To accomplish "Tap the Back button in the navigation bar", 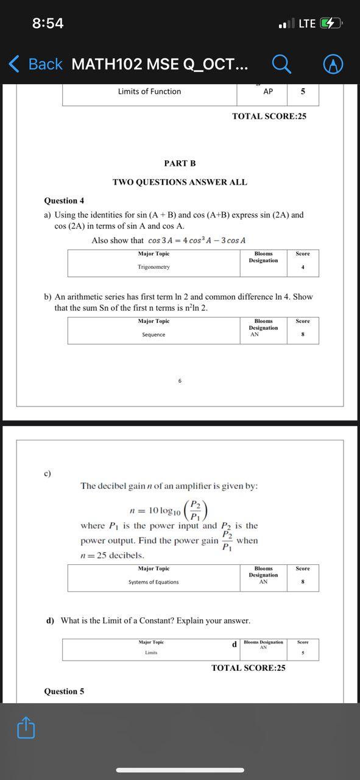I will [x=35, y=64].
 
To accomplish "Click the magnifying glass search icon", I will [x=280, y=63].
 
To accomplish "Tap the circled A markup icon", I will [x=333, y=64].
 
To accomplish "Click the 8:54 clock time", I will [x=48, y=23].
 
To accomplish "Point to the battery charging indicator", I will [x=329, y=23].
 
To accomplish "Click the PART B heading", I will [x=180, y=163].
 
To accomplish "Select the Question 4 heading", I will [x=64, y=200].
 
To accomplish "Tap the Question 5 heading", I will [x=64, y=691].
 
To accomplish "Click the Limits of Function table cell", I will [x=149, y=91].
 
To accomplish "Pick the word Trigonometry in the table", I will [x=154, y=267].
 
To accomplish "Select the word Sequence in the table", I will [x=154, y=335].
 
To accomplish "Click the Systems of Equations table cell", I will [x=154, y=582].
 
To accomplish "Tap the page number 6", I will [x=180, y=381].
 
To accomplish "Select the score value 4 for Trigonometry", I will [x=303, y=267].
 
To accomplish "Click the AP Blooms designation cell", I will [x=268, y=91].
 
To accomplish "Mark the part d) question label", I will [x=50, y=620].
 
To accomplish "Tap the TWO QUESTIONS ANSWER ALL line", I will [x=180, y=182].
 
